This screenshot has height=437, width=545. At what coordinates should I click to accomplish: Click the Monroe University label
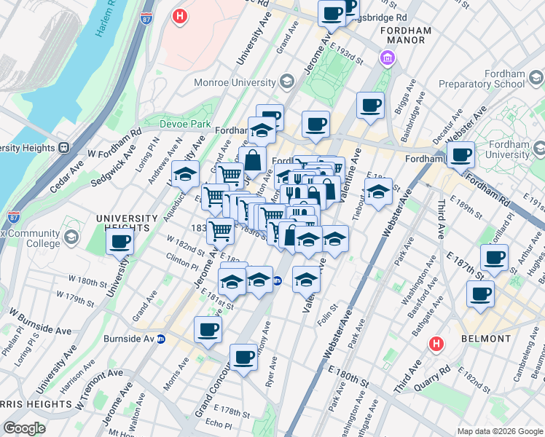point(233,82)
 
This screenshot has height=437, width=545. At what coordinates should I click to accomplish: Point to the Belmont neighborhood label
point(486,339)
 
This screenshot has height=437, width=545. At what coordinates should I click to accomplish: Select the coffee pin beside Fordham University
point(460,154)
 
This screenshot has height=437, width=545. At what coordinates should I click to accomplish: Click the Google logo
point(24,428)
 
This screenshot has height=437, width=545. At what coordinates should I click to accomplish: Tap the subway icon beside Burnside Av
point(161,339)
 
